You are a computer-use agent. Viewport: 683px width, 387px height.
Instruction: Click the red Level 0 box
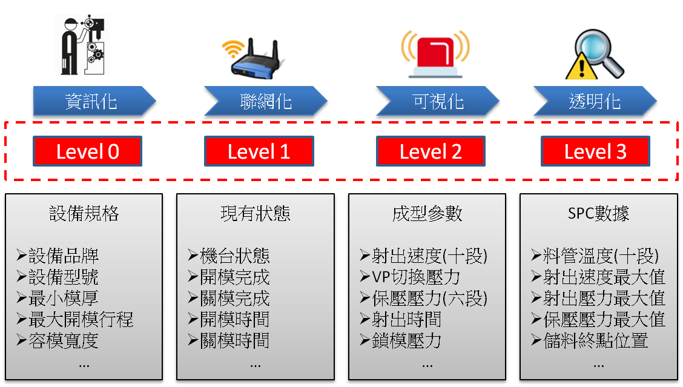(88, 151)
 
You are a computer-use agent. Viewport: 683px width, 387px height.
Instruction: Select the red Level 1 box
(259, 151)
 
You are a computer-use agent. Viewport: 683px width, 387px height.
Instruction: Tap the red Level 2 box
(431, 151)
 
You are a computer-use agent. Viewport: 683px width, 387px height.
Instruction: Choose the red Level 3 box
(595, 151)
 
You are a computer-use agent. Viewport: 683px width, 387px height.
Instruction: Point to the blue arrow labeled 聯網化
(266, 101)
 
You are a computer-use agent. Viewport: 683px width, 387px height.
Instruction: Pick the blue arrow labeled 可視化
(437, 101)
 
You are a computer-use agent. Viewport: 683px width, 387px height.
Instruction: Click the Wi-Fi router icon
(256, 51)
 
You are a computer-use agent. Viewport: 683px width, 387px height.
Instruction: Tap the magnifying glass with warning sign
(587, 51)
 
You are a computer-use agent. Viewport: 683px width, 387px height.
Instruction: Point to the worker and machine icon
(82, 40)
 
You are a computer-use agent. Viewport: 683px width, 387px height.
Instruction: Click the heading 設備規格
(84, 214)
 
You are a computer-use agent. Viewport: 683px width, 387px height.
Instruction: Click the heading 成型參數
(427, 214)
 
